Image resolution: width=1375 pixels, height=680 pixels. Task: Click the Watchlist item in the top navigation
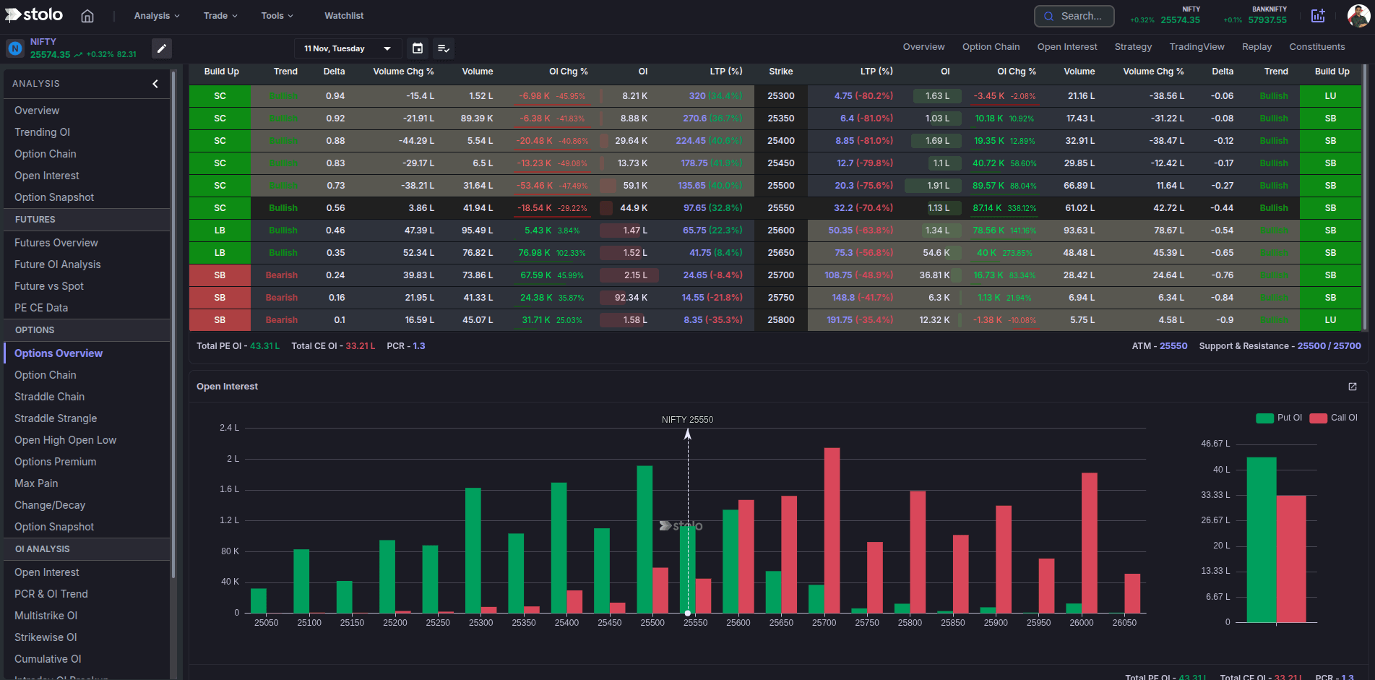click(x=343, y=16)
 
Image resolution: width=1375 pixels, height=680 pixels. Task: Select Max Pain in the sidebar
click(x=36, y=483)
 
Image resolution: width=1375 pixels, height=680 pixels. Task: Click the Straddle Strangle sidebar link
click(x=56, y=418)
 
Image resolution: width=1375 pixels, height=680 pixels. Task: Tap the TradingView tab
click(x=1197, y=47)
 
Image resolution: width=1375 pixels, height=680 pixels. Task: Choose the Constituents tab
click(x=1316, y=47)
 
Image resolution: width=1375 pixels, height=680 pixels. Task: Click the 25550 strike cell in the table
click(x=780, y=208)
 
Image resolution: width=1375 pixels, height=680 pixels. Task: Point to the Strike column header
click(x=780, y=72)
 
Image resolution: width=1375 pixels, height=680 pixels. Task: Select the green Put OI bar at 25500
click(x=645, y=539)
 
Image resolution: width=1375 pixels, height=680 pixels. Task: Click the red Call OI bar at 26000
click(x=1089, y=542)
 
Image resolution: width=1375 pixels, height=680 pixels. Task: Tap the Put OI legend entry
click(x=1279, y=418)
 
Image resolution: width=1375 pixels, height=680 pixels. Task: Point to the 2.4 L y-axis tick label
click(x=229, y=428)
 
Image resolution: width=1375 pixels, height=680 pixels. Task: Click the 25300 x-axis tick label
click(x=480, y=623)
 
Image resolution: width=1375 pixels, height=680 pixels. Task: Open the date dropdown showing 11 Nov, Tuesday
click(x=348, y=48)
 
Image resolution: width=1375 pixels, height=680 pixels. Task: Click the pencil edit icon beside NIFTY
click(x=162, y=48)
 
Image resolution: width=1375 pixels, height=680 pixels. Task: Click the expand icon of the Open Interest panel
click(x=1352, y=387)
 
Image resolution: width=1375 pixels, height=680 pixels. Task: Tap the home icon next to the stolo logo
click(x=87, y=16)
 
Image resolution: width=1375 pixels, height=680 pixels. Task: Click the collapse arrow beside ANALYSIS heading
click(x=155, y=84)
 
